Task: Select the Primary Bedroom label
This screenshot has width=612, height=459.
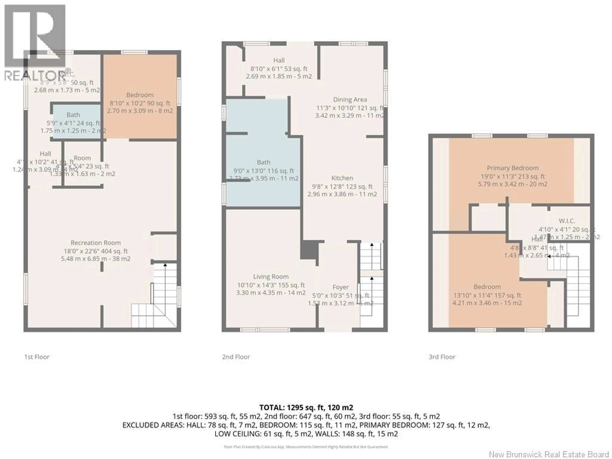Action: click(x=512, y=168)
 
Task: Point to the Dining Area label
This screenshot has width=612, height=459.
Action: click(x=350, y=100)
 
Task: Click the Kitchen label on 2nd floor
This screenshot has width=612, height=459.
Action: click(x=342, y=178)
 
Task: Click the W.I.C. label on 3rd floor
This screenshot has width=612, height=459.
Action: click(x=567, y=221)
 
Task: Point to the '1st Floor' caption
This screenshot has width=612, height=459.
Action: click(x=37, y=357)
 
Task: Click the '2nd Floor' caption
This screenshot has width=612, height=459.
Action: click(x=236, y=357)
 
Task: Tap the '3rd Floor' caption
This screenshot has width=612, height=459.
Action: click(x=442, y=357)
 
